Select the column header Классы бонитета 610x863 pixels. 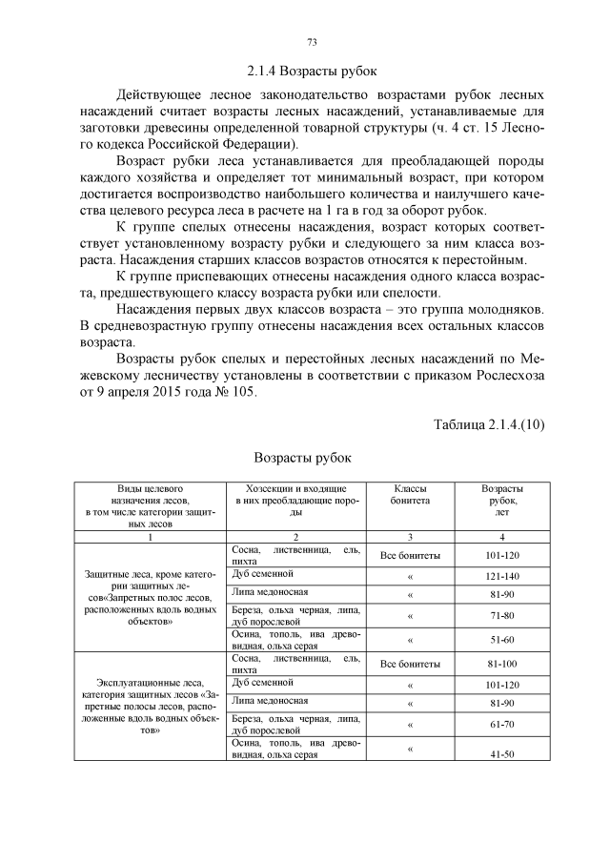[410, 493]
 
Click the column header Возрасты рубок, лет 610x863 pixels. [502, 500]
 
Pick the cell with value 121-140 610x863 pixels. [502, 576]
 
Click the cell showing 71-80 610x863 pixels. [502, 616]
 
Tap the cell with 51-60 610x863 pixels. [502, 640]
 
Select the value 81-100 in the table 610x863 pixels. [502, 664]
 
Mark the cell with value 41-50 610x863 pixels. [502, 754]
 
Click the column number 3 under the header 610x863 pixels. [410, 537]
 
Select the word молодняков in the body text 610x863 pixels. [502, 311]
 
